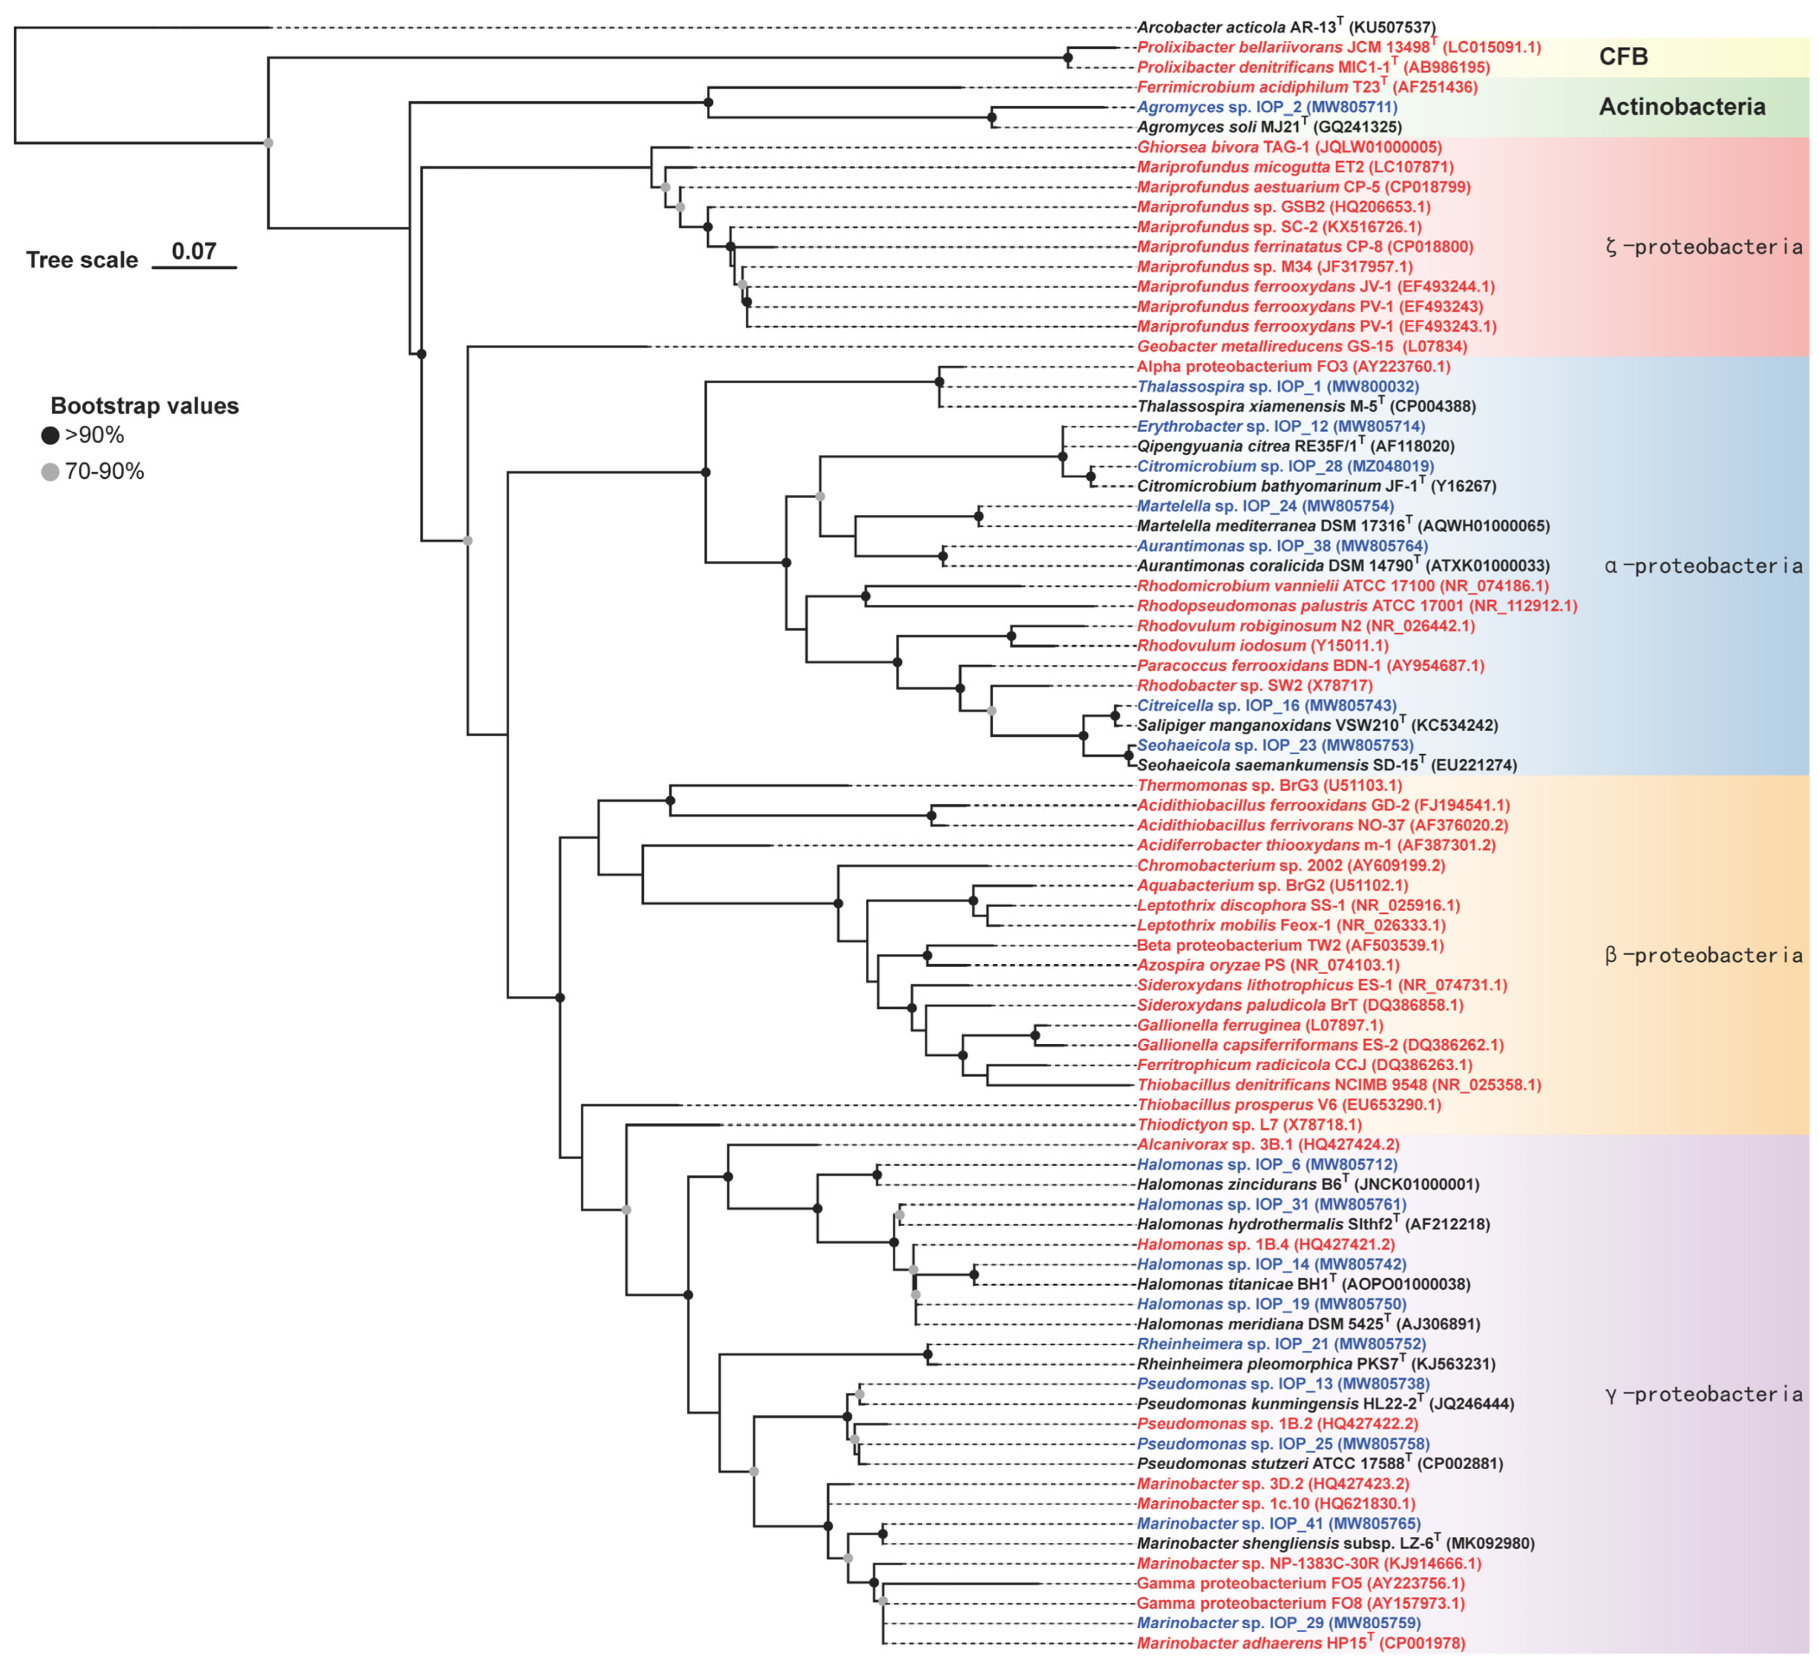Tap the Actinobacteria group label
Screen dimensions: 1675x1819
coord(1681,107)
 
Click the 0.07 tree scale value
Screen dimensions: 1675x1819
coord(194,251)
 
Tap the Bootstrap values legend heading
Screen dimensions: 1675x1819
coord(145,406)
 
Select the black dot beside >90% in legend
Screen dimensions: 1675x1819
coord(50,436)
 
